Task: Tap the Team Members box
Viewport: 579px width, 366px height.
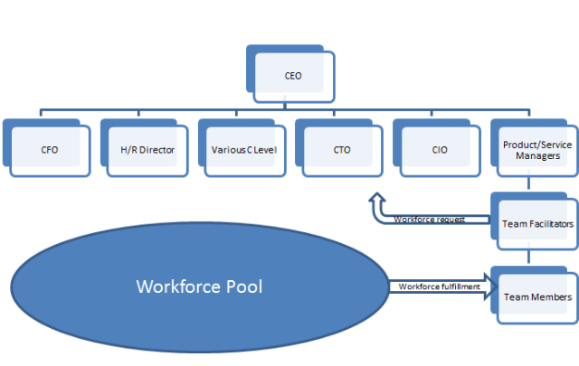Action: pyautogui.click(x=536, y=296)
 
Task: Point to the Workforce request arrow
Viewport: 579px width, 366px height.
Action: pyautogui.click(x=425, y=217)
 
